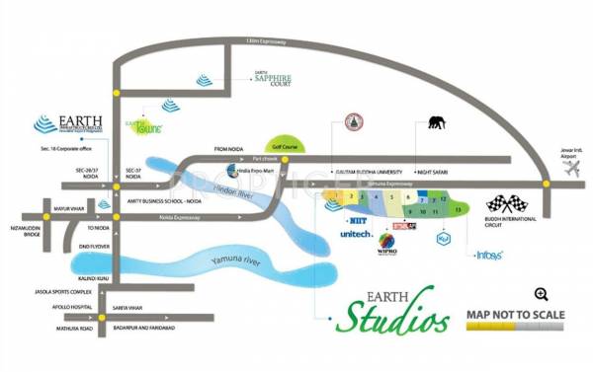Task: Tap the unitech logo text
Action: pos(356,235)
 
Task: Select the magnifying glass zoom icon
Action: pos(541,293)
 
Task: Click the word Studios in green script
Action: pos(384,319)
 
